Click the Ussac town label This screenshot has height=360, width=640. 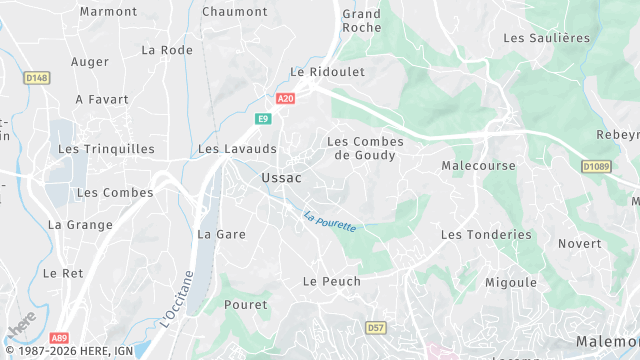(281, 177)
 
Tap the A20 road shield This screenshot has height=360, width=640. (286, 98)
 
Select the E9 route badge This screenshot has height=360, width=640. (263, 119)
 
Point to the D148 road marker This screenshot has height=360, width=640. (36, 77)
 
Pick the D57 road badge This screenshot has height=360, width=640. (376, 327)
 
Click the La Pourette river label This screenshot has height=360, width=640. (330, 219)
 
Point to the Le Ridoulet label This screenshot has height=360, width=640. (327, 72)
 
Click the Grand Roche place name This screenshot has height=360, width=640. (361, 21)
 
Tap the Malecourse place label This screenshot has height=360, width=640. (478, 165)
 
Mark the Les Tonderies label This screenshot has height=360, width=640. (486, 234)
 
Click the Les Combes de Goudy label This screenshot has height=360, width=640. (366, 148)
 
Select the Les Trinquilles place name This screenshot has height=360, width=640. (106, 149)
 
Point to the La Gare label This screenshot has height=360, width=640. (221, 234)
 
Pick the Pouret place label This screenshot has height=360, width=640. (246, 304)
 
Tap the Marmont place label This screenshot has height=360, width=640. (108, 12)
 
